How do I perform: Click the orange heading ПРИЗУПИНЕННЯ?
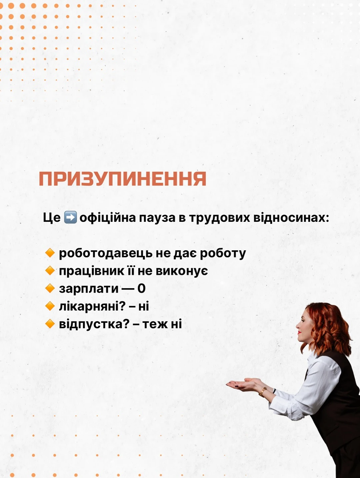coord(122,179)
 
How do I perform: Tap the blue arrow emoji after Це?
coord(70,217)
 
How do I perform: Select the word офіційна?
coord(108,218)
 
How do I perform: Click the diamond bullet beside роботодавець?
coord(50,253)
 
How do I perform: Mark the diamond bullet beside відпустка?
coord(50,324)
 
